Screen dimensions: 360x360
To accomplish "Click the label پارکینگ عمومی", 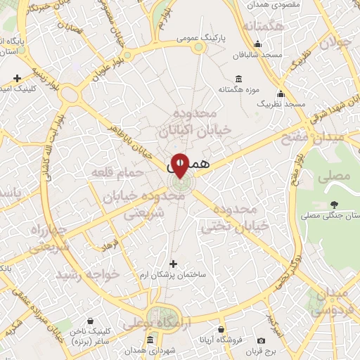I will pos(200,36).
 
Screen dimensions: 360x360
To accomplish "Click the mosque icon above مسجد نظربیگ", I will pos(281,94).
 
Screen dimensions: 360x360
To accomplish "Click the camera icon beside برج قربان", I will pos(262,340).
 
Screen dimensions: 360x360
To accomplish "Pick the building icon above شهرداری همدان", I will pos(150,340).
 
